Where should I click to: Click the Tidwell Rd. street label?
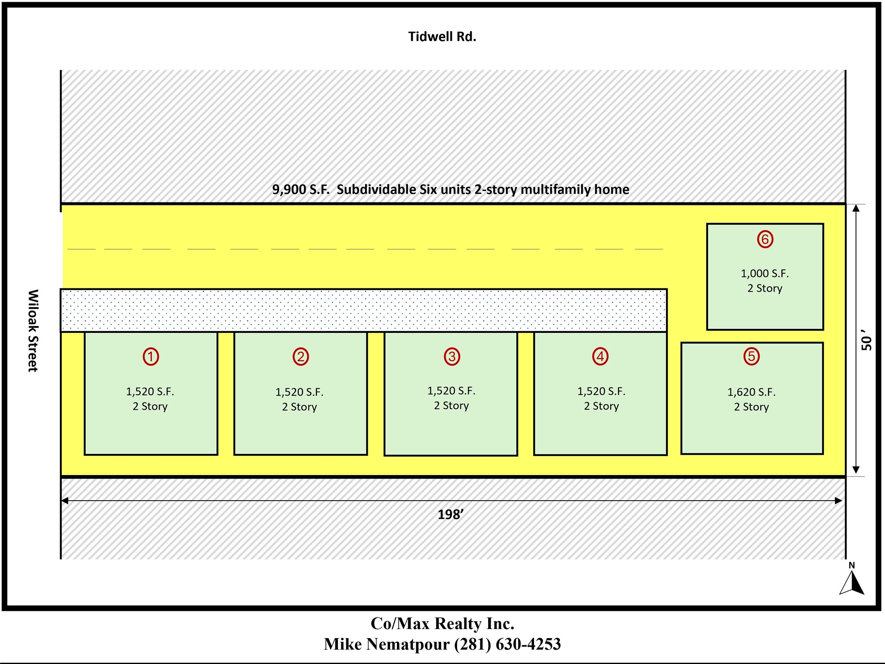(442, 37)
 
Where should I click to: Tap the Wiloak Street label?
(33, 330)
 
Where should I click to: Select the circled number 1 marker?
(151, 357)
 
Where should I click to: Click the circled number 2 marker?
(300, 357)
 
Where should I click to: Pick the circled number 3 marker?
(452, 357)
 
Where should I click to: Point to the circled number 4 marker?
(600, 357)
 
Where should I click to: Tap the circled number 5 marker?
(751, 356)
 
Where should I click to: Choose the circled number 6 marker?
(765, 239)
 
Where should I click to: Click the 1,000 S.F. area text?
(765, 274)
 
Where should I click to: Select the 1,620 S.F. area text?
(751, 392)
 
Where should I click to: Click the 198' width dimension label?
(451, 514)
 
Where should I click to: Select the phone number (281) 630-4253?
(507, 644)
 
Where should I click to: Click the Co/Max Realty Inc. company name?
(442, 623)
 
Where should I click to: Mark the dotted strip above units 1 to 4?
(364, 310)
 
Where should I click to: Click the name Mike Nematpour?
(387, 644)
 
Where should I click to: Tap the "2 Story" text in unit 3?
(451, 406)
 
